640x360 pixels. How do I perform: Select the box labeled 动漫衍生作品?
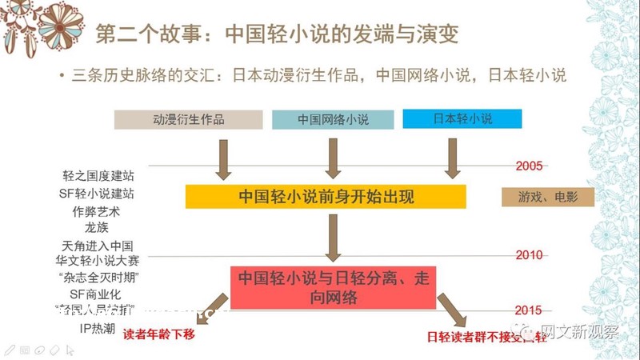coord(188,119)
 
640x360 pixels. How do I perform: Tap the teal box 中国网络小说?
coord(333,119)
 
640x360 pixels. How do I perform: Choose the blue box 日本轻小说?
coord(462,119)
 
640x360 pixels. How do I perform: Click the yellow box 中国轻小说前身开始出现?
coord(326,197)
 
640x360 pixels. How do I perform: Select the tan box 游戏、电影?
coord(548,197)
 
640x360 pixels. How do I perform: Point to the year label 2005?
coord(529,166)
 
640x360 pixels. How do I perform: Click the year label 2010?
coord(529,255)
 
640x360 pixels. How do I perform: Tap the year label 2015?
coord(529,310)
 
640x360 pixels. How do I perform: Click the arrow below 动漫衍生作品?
coord(223,158)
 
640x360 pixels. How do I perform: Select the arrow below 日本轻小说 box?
coord(453,158)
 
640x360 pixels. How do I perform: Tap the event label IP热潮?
coord(97,328)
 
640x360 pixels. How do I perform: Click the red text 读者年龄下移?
coord(158,334)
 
